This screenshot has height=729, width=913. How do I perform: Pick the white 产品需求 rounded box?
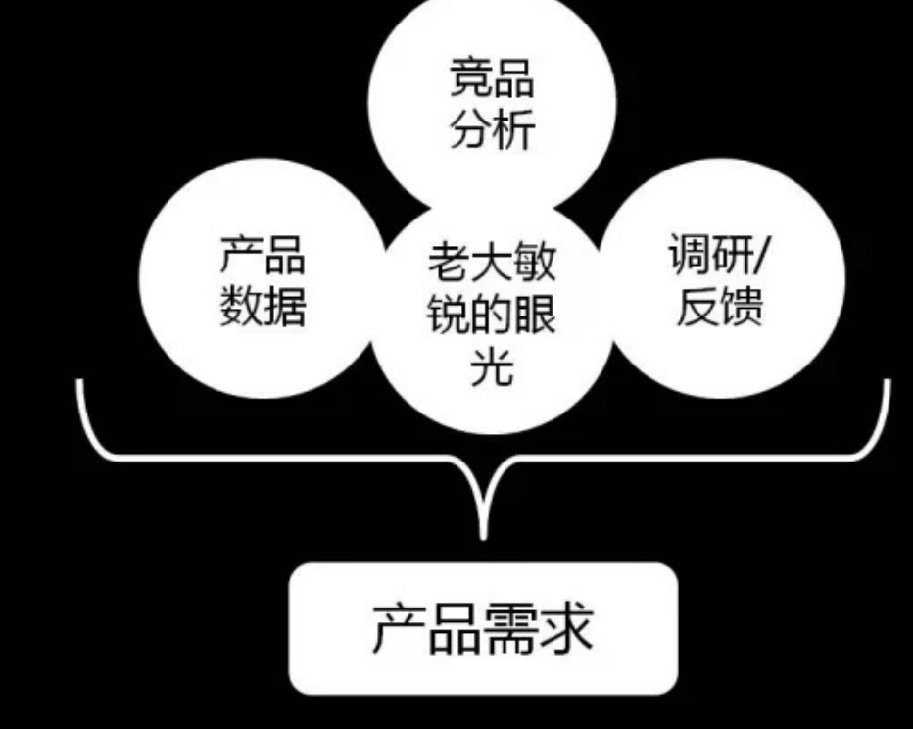point(483,628)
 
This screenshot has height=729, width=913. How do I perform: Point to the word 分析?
point(492,129)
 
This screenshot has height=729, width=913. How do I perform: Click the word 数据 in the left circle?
point(263,305)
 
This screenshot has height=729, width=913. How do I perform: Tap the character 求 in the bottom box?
point(567,627)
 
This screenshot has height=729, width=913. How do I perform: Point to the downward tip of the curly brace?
point(483,534)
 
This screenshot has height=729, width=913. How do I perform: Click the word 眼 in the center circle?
point(536,316)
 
